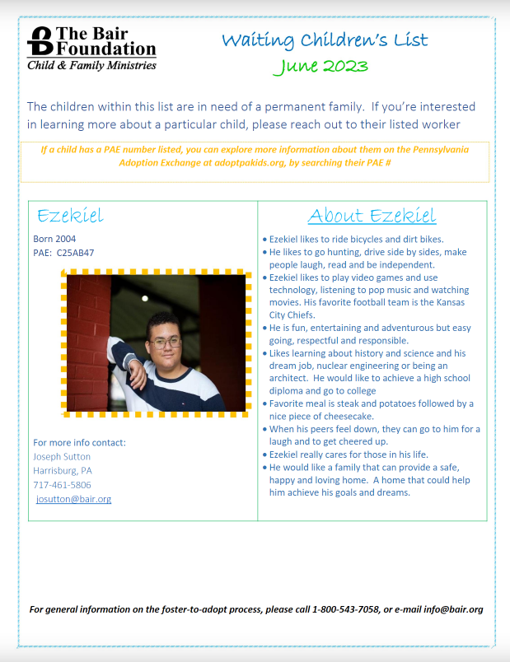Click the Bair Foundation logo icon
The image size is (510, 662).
click(40, 41)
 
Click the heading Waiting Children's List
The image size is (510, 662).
click(325, 40)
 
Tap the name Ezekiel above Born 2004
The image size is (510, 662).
click(70, 216)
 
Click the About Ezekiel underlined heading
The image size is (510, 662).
click(372, 216)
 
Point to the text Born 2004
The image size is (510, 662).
click(54, 239)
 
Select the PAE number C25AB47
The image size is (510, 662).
click(76, 252)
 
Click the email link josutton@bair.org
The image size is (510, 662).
click(74, 499)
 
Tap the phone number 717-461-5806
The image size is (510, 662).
click(62, 485)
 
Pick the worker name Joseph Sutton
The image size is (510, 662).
click(62, 456)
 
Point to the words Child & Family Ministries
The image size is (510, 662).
click(91, 65)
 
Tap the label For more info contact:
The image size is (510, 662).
click(79, 442)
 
